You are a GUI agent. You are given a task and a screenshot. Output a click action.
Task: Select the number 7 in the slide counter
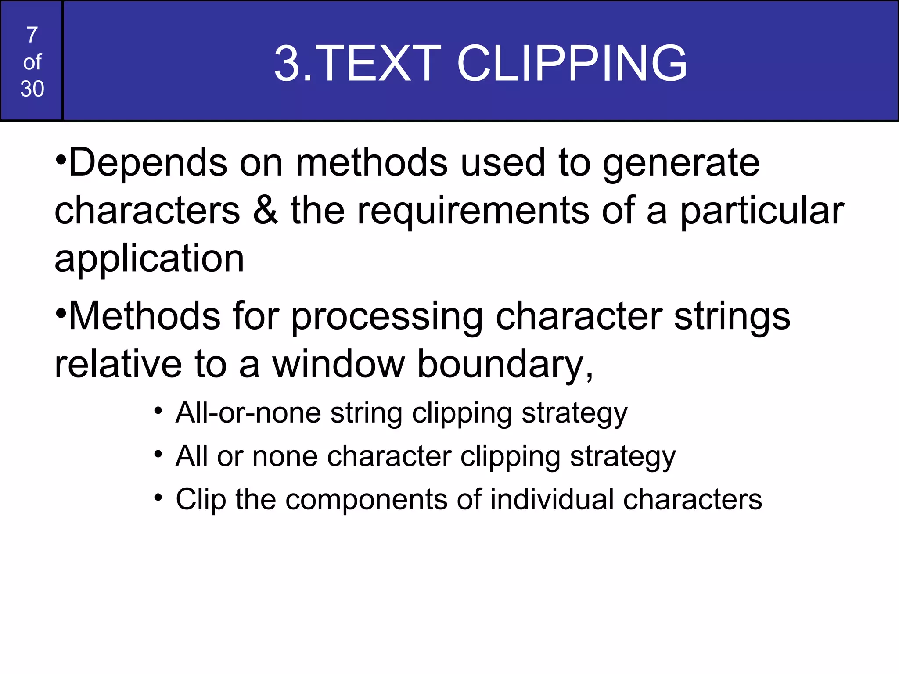click(x=32, y=35)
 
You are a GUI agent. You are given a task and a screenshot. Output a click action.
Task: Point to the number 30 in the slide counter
click(x=32, y=89)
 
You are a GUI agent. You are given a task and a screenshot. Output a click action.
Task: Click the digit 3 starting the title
click(x=288, y=64)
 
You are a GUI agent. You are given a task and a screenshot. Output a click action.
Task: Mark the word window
click(x=338, y=364)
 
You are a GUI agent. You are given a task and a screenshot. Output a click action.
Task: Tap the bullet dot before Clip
click(x=158, y=498)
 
